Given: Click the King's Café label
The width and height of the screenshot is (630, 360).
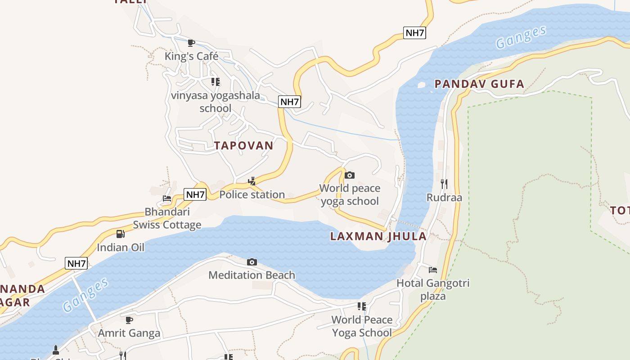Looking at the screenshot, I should [x=191, y=56].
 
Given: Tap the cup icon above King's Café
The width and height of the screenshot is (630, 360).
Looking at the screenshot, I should [x=191, y=43].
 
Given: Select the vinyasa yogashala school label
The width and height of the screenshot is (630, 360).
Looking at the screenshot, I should [x=216, y=102].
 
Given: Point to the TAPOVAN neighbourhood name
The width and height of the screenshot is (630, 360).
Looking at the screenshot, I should [x=243, y=145].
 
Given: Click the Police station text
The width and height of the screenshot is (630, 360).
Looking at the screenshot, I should [x=252, y=194].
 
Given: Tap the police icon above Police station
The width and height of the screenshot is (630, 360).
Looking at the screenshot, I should [x=252, y=181].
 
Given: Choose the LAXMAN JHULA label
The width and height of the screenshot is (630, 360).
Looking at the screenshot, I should [x=378, y=236].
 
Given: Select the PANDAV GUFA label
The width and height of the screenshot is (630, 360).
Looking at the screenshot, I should [x=479, y=84].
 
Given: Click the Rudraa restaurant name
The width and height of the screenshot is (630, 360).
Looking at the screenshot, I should [x=444, y=197].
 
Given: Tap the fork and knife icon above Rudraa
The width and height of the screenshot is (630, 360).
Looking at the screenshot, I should [x=444, y=184].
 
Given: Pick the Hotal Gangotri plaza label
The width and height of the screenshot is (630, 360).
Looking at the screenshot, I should [x=433, y=289].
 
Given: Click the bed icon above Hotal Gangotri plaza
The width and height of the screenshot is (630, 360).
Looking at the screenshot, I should [x=433, y=270].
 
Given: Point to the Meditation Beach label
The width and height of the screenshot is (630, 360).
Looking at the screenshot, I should [x=252, y=275].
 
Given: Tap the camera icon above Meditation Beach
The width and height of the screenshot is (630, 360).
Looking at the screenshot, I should [x=252, y=262].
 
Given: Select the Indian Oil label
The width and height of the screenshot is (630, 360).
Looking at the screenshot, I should [x=121, y=247].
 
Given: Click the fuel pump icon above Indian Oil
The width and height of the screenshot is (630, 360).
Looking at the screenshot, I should [x=120, y=234].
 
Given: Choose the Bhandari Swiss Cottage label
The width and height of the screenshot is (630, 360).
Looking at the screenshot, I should [x=167, y=218].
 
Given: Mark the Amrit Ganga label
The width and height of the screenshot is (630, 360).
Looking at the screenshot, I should [x=129, y=333].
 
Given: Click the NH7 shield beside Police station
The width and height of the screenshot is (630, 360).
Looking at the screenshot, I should [x=195, y=195].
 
